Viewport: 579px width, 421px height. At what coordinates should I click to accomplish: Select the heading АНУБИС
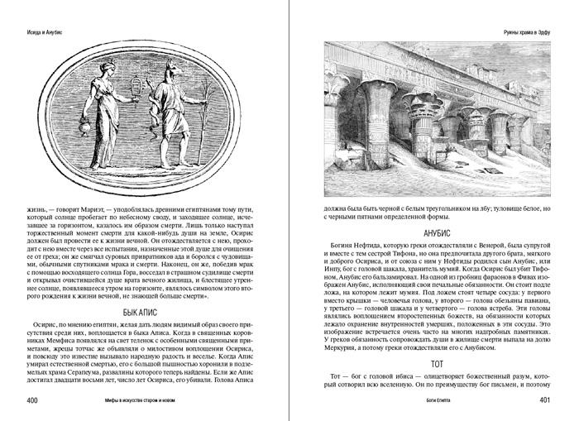433,233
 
